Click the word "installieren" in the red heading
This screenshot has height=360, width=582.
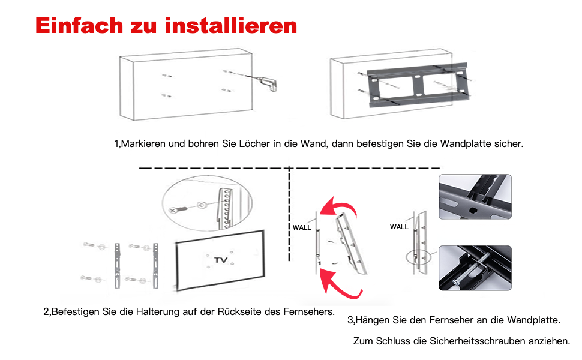pos(230,26)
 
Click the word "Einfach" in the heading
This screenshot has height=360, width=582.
pos(77,26)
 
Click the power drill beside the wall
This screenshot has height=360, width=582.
pos(266,82)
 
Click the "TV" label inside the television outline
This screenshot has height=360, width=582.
pos(221,260)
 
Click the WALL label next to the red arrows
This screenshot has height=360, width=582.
pos(302,227)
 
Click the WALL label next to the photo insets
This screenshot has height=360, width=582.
pos(399,227)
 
